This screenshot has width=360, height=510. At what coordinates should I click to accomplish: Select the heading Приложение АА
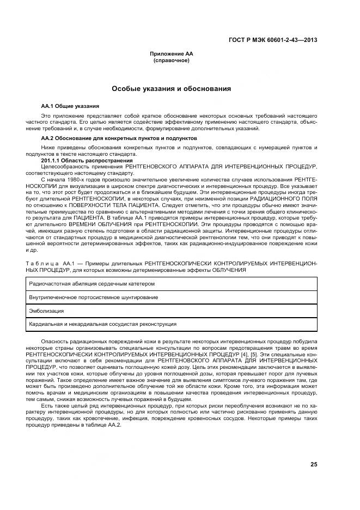[x=172, y=54]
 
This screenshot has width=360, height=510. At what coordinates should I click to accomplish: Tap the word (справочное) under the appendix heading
[x=172, y=60]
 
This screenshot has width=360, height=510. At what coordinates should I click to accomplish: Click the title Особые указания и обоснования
[x=172, y=88]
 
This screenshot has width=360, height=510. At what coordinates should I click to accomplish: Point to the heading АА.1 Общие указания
[x=70, y=106]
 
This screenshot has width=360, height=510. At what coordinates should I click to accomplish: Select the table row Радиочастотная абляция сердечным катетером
[x=92, y=284]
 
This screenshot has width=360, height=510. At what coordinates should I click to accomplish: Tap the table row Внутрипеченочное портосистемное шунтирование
[x=94, y=297]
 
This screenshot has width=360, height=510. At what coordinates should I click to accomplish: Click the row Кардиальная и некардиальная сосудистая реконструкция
[x=102, y=324]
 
